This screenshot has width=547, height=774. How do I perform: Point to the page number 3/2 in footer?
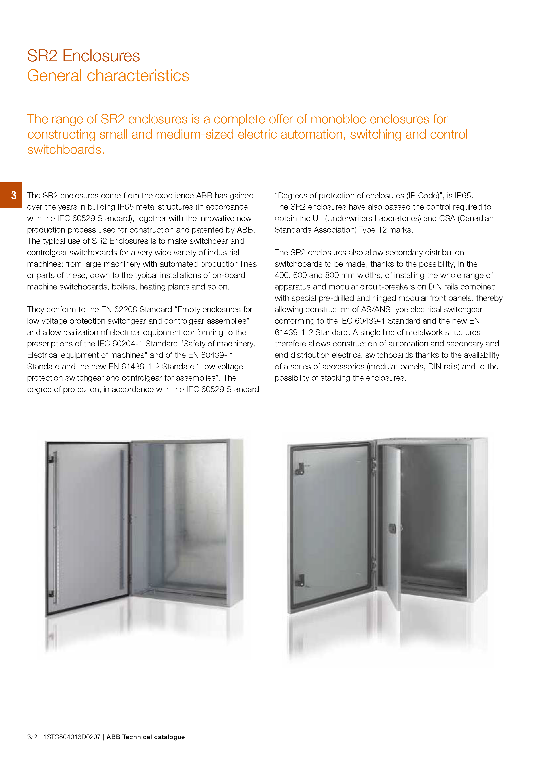coord(32,737)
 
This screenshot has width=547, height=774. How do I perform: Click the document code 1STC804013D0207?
coord(72,737)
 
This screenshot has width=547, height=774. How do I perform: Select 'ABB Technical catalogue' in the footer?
coord(146,737)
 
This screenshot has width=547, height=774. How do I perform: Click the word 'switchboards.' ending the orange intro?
coord(66,150)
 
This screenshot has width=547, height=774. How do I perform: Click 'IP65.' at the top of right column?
coord(464,195)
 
